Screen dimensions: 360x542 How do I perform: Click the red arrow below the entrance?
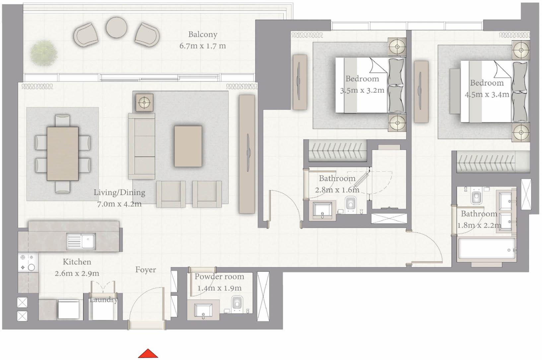[x=148, y=354]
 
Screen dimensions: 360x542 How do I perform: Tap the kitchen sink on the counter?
[x=81, y=241]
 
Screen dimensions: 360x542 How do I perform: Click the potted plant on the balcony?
[x=43, y=53]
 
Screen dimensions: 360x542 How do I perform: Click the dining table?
[x=63, y=153]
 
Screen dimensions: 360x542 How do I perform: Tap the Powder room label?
[x=219, y=276]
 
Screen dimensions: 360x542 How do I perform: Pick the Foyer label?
[x=146, y=270]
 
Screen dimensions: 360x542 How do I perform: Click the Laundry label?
[x=104, y=300]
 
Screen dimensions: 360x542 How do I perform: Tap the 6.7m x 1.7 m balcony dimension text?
[x=203, y=46]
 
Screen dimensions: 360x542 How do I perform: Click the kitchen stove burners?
[x=28, y=262]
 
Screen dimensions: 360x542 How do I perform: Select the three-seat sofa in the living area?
[x=142, y=146]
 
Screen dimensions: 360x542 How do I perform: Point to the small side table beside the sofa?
[x=144, y=102]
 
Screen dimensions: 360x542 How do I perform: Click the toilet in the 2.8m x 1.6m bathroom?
[x=351, y=204]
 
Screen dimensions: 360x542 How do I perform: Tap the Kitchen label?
[x=77, y=262]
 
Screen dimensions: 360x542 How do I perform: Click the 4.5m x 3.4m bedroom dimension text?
[x=487, y=94]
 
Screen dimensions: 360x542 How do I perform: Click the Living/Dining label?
[x=119, y=192]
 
